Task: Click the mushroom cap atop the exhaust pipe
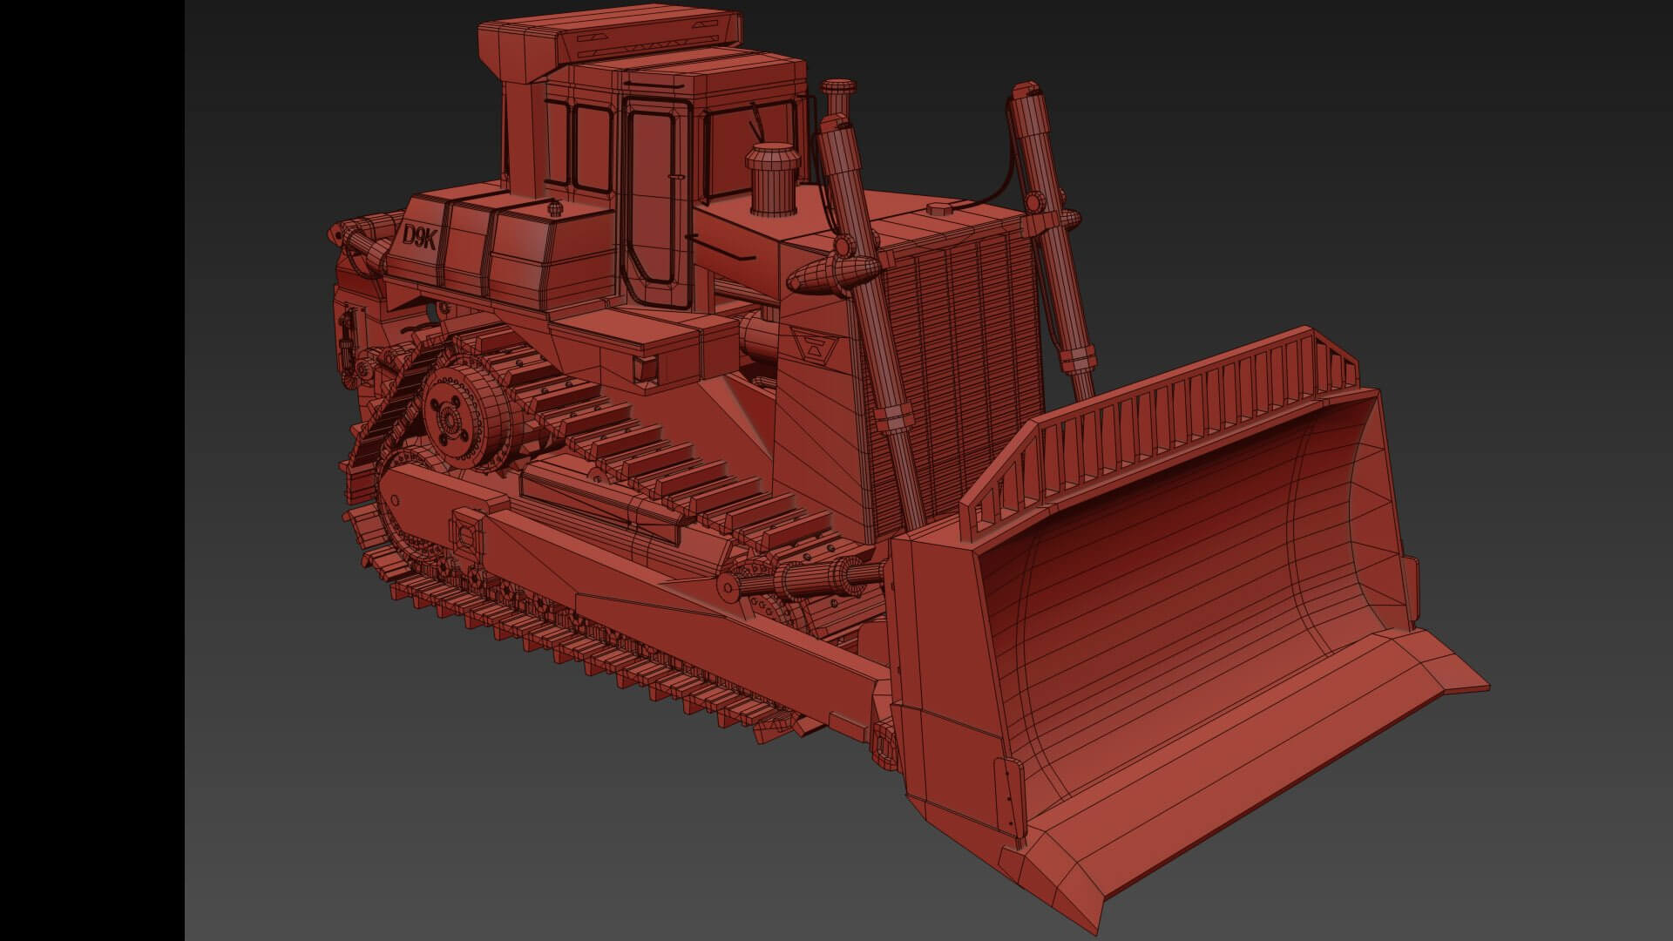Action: tap(838, 88)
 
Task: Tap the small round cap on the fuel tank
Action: tap(552, 208)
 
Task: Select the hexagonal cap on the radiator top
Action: tap(938, 209)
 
